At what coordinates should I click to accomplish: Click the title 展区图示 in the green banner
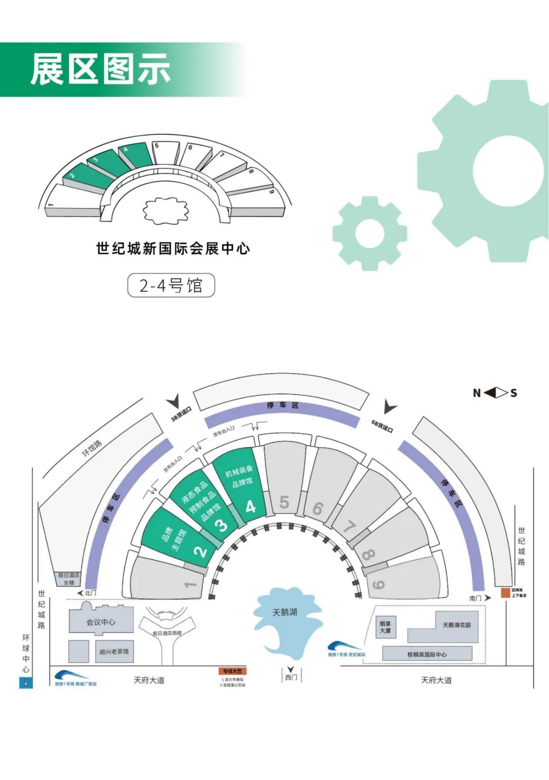click(x=101, y=69)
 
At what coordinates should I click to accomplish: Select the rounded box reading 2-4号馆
click(x=171, y=285)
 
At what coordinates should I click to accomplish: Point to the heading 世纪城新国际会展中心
click(x=173, y=249)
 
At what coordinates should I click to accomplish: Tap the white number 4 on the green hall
click(x=250, y=506)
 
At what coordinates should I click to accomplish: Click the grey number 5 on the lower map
click(x=284, y=502)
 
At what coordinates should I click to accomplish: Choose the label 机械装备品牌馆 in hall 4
click(x=239, y=476)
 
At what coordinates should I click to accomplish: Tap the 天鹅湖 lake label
click(x=285, y=612)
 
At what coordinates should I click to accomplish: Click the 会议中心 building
click(x=101, y=622)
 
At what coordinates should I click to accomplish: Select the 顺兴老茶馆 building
click(x=114, y=651)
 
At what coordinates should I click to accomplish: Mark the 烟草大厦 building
click(x=385, y=627)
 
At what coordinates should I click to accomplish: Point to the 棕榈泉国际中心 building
click(x=427, y=654)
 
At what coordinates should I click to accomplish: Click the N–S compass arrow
click(x=495, y=393)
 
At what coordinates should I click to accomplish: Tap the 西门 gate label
click(x=291, y=677)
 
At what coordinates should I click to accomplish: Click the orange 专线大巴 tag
click(x=232, y=671)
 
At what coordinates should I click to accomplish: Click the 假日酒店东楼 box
click(x=69, y=579)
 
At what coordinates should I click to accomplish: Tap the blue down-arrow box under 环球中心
click(x=26, y=683)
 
